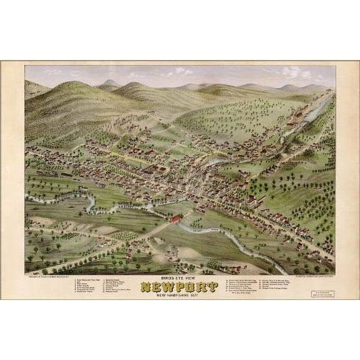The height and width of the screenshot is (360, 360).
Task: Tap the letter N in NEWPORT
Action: (146, 287)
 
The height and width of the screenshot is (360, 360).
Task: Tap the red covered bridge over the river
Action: (176, 219)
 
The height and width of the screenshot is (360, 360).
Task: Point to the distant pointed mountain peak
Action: (110, 82)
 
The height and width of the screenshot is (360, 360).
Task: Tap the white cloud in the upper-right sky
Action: (290, 71)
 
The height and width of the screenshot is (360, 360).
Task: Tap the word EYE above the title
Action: (179, 279)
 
